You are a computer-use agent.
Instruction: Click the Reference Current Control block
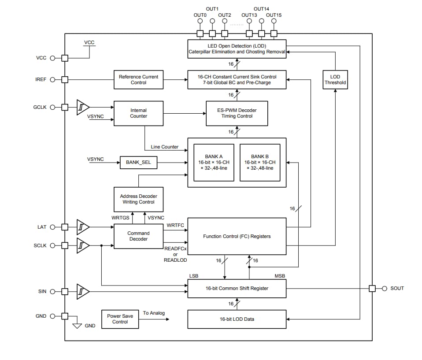138,80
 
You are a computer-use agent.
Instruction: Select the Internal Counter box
138,113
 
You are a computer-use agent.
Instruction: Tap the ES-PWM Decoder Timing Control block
237,113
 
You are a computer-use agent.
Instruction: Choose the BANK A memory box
214,162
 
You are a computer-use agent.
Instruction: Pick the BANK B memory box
259,162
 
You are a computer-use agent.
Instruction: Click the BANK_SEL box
138,163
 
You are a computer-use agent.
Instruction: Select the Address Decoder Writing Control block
138,199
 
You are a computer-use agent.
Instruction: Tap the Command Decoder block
138,236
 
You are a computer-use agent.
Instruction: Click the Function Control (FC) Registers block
237,236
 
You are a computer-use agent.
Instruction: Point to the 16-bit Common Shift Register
237,289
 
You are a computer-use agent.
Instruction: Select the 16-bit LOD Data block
237,319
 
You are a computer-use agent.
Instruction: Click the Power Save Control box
120,319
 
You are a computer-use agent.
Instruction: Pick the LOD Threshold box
335,80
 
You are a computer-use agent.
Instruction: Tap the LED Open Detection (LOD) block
237,49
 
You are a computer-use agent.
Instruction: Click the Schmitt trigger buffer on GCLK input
83,107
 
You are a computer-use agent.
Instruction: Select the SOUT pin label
397,289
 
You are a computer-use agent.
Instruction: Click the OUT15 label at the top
274,15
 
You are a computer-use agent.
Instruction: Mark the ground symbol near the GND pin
78,326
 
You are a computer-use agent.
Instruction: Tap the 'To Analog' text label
154,313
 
